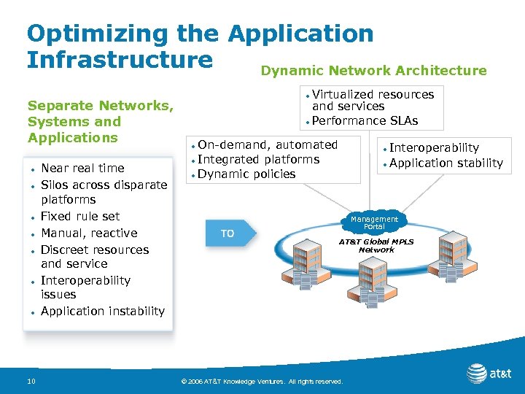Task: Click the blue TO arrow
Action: pyautogui.click(x=229, y=233)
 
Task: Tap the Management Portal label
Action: pyautogui.click(x=374, y=223)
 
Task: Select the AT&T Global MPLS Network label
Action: pyautogui.click(x=376, y=245)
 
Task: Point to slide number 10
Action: pyautogui.click(x=31, y=381)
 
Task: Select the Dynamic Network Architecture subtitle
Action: pyautogui.click(x=373, y=71)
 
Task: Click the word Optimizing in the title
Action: pyautogui.click(x=87, y=33)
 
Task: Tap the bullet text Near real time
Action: pyautogui.click(x=82, y=168)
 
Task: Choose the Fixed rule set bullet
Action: pyautogui.click(x=80, y=216)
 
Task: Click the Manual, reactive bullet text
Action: pyautogui.click(x=89, y=233)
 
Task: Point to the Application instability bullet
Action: pyautogui.click(x=103, y=311)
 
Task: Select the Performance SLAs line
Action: pyautogui.click(x=365, y=120)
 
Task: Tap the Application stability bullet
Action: pyautogui.click(x=446, y=163)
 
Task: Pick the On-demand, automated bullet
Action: pyautogui.click(x=268, y=144)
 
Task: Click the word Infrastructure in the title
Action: pyautogui.click(x=120, y=59)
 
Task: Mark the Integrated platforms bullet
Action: pyautogui.click(x=258, y=159)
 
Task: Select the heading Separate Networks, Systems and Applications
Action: pyautogui.click(x=100, y=122)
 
